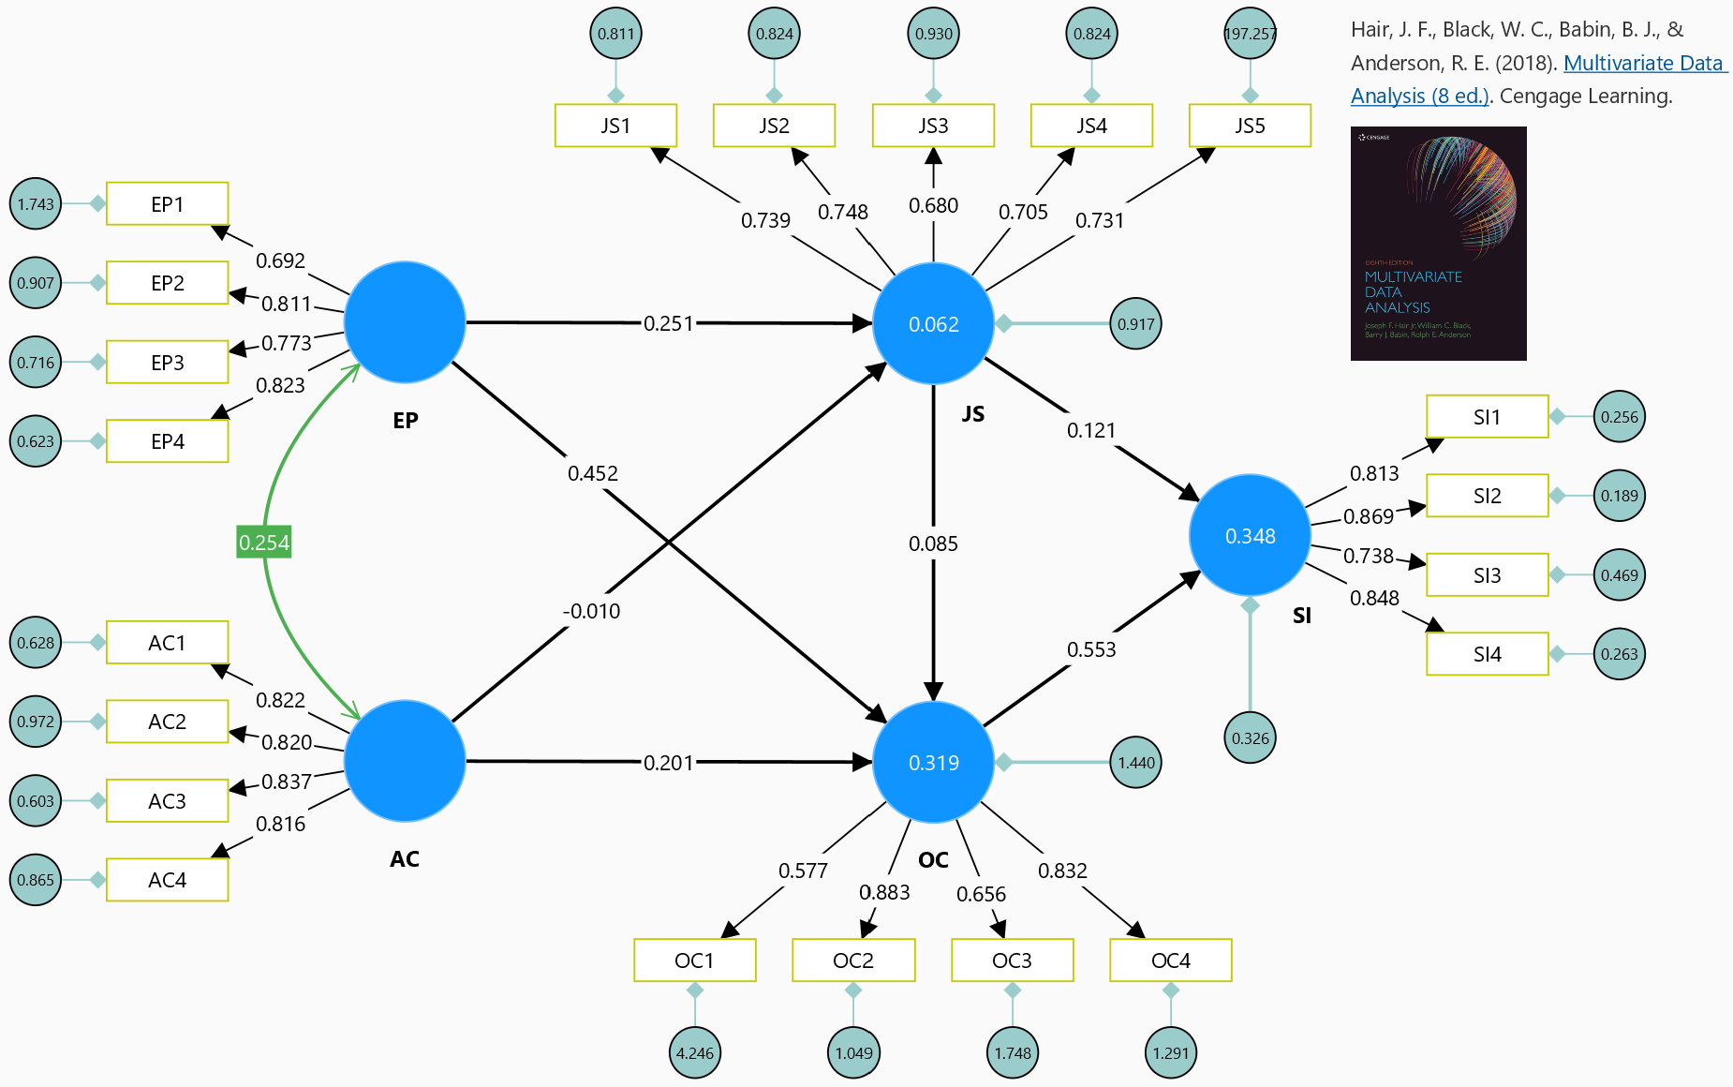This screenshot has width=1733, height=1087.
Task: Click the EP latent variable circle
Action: [x=405, y=322]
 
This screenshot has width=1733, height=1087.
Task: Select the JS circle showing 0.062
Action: [x=933, y=323]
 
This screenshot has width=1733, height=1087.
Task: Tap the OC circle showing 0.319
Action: [x=933, y=762]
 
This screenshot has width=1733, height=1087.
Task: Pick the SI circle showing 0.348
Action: [x=1250, y=535]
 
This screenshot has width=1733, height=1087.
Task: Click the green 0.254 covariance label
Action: [x=264, y=543]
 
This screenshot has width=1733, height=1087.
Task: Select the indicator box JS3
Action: [x=933, y=126]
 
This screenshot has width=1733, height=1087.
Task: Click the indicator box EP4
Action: [x=168, y=441]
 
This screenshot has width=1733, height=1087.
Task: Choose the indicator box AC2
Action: [x=168, y=722]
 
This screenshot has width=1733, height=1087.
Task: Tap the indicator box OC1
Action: [x=694, y=960]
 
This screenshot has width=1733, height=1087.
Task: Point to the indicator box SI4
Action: [x=1487, y=654]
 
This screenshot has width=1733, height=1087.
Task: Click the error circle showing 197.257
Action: [x=1250, y=34]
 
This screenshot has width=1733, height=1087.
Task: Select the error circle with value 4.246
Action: [x=694, y=1052]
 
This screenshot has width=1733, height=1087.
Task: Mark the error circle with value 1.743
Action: [x=36, y=203]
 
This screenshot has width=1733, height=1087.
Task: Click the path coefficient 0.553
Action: [x=1091, y=649]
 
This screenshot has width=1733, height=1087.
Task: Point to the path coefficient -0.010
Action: [x=591, y=611]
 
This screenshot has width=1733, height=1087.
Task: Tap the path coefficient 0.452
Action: [x=593, y=473]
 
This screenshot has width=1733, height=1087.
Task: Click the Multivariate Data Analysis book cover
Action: [x=1438, y=244]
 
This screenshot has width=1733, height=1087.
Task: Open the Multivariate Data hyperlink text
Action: [x=1643, y=63]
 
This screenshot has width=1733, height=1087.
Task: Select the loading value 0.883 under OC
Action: [x=884, y=892]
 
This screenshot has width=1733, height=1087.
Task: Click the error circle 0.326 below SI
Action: [x=1250, y=737]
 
